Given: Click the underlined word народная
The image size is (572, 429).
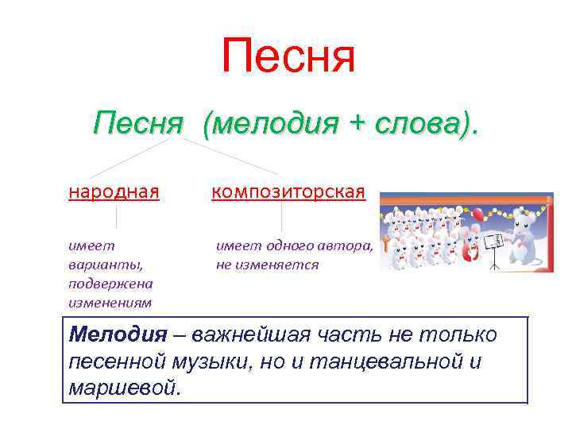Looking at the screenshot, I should pos(114,191).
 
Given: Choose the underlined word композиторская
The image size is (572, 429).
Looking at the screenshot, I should pos(288,191).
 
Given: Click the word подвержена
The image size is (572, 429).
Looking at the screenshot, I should pos(110,284).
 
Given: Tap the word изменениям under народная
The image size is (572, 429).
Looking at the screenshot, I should pos(110,302).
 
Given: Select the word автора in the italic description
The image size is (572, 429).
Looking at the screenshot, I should pos(346,245).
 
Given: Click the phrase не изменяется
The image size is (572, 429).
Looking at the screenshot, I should pos(267,265).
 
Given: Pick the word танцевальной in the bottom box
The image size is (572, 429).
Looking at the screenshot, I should pos(408,361).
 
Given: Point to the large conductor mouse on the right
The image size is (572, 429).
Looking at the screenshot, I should pos(524,235).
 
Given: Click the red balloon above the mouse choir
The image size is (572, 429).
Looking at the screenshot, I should pos(478,214).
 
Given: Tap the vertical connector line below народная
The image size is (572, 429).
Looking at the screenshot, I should pos(117,216).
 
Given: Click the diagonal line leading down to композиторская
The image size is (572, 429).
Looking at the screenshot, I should pos(230,156).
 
